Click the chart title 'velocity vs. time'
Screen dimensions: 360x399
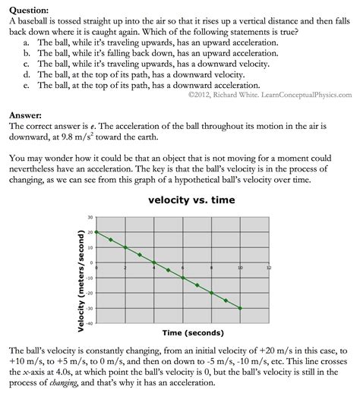pos(181,200)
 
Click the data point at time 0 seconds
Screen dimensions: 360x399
pos(96,232)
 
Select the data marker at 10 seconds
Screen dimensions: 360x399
pos(240,308)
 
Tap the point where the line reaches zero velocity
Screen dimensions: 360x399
pos(154,262)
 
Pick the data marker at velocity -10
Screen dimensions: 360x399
pos(183,278)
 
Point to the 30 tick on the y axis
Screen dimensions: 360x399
pos(90,217)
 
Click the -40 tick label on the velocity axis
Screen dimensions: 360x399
pos(89,323)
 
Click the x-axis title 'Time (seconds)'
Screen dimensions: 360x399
pos(181,333)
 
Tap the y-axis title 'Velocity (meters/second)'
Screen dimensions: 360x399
pos(81,270)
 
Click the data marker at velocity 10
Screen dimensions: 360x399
pos(125,247)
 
